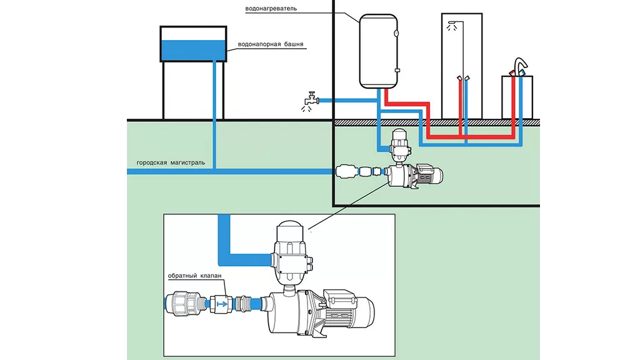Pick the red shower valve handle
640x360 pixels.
[460, 79]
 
